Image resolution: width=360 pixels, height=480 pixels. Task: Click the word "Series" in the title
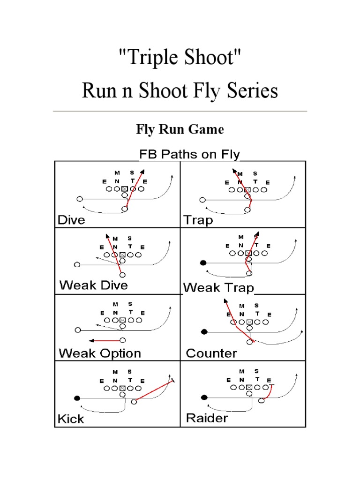point(253,90)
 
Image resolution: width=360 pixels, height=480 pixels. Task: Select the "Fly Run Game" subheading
point(180,129)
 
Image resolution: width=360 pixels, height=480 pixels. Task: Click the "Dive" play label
point(71,220)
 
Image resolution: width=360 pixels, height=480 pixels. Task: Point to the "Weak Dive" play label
point(93,285)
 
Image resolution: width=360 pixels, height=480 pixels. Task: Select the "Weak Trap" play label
point(219,287)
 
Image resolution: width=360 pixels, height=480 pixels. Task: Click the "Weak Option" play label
point(99,353)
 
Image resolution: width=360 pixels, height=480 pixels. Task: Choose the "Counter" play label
point(211,353)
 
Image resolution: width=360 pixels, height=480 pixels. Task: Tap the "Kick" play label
point(71,419)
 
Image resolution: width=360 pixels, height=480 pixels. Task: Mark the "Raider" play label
point(207,418)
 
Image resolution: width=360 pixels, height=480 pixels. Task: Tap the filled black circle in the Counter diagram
point(204,332)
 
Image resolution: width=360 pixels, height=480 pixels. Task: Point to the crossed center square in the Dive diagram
point(125,189)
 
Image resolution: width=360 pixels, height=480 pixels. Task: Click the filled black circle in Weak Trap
point(203,263)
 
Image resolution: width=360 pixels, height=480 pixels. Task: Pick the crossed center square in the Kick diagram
point(123,388)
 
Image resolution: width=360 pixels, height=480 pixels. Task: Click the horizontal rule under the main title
point(180,111)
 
